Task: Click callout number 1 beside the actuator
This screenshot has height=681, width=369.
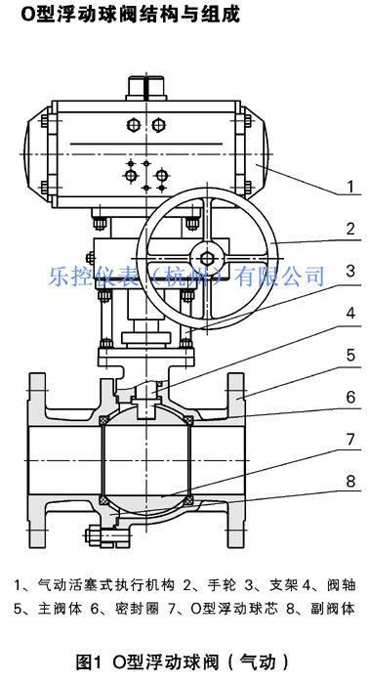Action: coord(350,187)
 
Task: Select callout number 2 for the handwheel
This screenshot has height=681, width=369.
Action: coord(350,229)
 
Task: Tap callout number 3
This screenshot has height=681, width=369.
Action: coord(350,271)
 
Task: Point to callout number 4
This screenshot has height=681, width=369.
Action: coord(350,313)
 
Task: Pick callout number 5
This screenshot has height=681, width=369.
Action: coord(350,356)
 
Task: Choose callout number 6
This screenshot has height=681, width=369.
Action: coord(350,398)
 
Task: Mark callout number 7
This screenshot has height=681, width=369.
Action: coord(350,440)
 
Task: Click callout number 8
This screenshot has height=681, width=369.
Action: coord(350,482)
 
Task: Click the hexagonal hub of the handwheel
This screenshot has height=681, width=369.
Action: coord(208,257)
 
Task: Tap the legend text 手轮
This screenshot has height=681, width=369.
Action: coord(223,584)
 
